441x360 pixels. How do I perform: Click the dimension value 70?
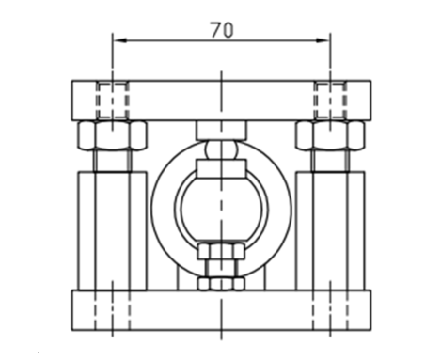tap(222, 30)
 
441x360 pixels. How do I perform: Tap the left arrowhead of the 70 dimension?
tap(119, 40)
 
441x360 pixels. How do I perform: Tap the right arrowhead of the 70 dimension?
tap(323, 40)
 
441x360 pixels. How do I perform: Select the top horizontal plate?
tap(221, 101)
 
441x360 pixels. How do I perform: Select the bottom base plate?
tap(221, 310)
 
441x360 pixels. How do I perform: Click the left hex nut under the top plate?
tap(112, 135)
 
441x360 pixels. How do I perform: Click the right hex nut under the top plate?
tap(330, 135)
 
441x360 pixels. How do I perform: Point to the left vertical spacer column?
tap(112, 230)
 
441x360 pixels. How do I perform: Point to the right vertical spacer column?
tap(330, 230)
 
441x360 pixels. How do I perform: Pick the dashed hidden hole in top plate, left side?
tap(112, 101)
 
